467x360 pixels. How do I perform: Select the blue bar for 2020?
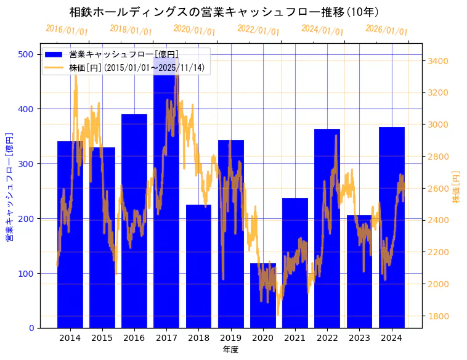263,296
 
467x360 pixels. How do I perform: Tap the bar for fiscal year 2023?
359,271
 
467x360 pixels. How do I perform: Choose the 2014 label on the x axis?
70,338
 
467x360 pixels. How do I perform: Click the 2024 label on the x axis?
391,338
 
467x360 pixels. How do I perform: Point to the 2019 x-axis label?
230,338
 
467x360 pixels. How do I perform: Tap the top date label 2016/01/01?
67,30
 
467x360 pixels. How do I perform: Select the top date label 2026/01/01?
386,30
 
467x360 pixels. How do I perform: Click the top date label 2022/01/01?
258,30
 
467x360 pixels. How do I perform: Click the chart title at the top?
224,12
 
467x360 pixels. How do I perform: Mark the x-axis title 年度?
230,350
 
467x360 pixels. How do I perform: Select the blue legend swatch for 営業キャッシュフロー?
54,54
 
